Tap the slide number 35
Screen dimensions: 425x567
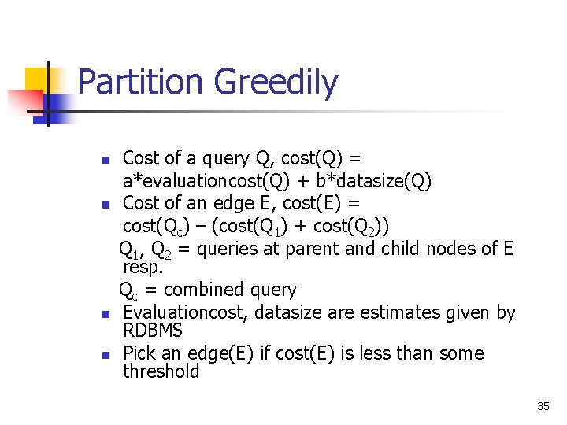point(543,406)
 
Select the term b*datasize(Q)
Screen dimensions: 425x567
point(373,183)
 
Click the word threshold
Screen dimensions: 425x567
point(161,371)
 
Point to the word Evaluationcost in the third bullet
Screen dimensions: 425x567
point(186,312)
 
